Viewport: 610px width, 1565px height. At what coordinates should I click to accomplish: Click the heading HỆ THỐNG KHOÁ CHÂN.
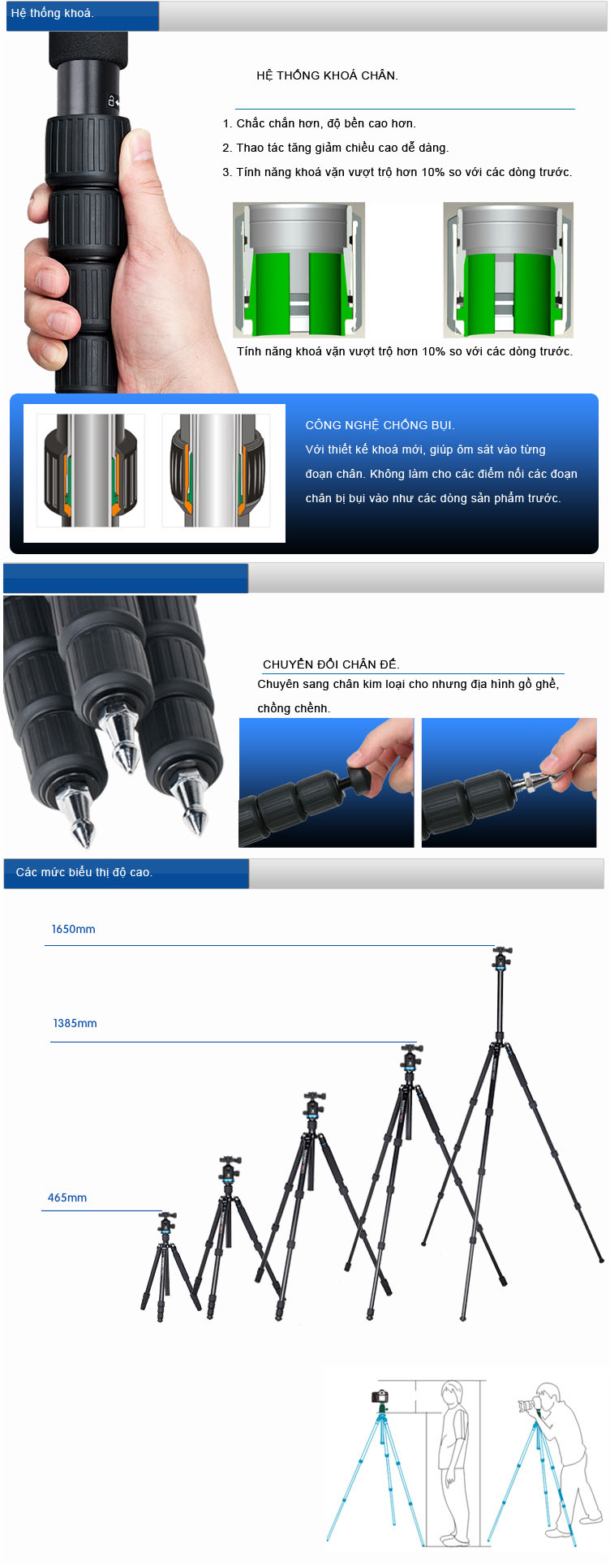[327, 75]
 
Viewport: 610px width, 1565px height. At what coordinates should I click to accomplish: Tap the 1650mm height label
[73, 929]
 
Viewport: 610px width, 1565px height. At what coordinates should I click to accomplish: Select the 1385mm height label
[75, 1023]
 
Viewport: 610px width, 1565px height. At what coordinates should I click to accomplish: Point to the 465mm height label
[67, 1197]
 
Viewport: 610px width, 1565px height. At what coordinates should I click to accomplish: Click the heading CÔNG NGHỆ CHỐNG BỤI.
[380, 425]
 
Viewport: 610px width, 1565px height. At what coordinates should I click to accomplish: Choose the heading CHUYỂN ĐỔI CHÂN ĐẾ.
[331, 664]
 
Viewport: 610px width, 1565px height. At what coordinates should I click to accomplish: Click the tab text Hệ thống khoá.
[53, 13]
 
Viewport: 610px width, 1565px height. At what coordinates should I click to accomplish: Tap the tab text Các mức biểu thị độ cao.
[84, 872]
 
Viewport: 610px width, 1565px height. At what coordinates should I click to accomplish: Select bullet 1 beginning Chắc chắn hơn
[319, 123]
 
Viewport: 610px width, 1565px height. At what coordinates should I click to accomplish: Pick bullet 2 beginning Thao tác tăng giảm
[335, 148]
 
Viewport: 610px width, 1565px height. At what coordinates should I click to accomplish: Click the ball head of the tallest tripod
[502, 958]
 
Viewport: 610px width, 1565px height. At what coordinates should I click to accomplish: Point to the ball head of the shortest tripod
[168, 1223]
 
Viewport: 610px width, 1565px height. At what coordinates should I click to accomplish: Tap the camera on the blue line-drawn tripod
[380, 1396]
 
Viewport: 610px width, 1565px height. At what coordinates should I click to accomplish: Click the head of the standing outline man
[449, 1396]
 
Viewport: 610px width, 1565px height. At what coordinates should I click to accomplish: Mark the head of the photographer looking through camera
[548, 1396]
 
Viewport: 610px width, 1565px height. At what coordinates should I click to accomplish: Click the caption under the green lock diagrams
[405, 351]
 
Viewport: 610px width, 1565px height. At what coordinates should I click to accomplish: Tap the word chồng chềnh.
[294, 708]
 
